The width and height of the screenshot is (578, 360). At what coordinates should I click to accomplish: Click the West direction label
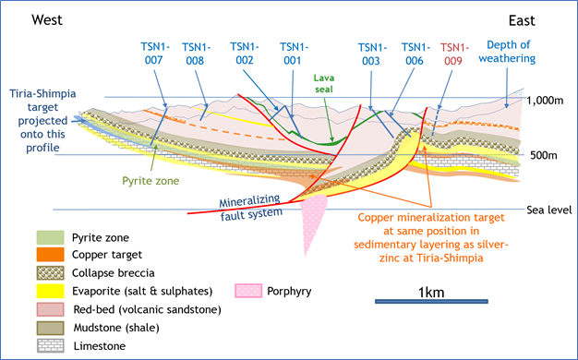click(47, 20)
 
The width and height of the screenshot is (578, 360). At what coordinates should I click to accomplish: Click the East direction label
click(522, 20)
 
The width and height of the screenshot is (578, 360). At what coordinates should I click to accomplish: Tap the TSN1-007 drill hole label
click(154, 54)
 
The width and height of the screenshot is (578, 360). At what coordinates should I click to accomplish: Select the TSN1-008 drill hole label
click(196, 54)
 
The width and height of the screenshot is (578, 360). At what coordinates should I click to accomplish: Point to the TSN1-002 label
click(245, 54)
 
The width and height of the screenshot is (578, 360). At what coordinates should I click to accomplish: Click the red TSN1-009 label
click(454, 54)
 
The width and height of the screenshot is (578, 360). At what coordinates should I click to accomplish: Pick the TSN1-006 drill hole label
click(415, 54)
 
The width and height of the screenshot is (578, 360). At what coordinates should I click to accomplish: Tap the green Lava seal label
click(324, 83)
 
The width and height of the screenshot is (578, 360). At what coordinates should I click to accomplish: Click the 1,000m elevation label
click(545, 101)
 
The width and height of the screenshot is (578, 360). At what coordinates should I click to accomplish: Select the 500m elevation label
click(544, 155)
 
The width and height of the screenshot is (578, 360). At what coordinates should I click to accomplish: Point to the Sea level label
click(548, 210)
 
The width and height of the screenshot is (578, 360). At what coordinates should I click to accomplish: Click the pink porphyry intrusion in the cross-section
click(312, 218)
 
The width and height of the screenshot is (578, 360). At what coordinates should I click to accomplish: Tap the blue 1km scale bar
click(431, 302)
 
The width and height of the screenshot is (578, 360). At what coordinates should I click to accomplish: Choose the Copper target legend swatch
click(50, 255)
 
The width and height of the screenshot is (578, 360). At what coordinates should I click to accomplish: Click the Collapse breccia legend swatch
click(50, 273)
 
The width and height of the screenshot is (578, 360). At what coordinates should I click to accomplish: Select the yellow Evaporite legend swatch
click(50, 291)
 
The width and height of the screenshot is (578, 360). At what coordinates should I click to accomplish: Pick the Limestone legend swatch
click(50, 346)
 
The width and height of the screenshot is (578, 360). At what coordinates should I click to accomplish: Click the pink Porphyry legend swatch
click(248, 291)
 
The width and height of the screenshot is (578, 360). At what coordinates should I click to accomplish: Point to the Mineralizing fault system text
click(250, 208)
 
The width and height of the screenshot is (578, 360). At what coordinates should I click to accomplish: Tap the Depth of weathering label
click(507, 52)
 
